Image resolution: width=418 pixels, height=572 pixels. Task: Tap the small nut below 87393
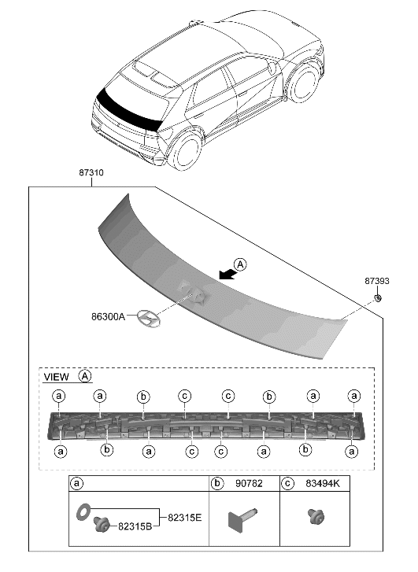pyautogui.click(x=377, y=297)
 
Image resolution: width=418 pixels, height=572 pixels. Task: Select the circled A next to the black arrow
pyautogui.click(x=240, y=264)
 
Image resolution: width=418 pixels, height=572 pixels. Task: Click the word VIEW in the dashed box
pyautogui.click(x=57, y=376)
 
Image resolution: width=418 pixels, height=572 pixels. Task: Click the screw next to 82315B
pyautogui.click(x=100, y=525)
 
